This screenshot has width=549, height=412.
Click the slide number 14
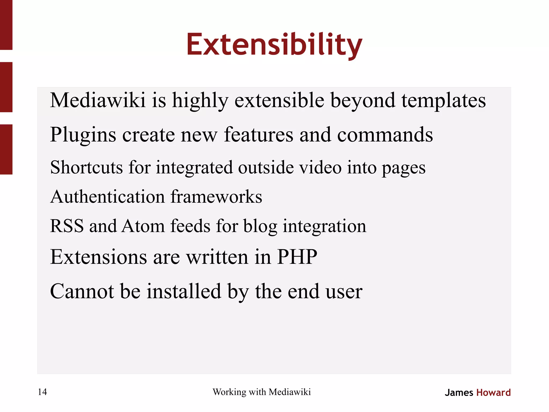coord(42,392)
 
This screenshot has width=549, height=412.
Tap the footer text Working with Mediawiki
coord(262,392)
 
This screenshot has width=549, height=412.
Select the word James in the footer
coord(459,393)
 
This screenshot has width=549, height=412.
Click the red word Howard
coord(494,393)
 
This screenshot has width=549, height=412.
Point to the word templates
coord(444,101)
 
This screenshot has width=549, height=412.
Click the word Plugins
coord(83,135)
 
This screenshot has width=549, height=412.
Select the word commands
coord(385,135)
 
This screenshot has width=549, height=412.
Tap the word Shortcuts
coord(86,168)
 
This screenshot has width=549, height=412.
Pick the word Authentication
coord(107,197)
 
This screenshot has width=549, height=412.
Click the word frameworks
coord(216,197)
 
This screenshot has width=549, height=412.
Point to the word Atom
coord(143,226)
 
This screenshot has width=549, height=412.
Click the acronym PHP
coord(297,257)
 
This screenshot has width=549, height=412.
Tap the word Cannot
coord(82,291)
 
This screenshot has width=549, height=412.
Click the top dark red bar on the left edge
coord(6,25)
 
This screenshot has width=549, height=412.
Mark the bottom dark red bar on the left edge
coord(6,149)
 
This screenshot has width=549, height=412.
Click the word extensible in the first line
coord(279,101)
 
